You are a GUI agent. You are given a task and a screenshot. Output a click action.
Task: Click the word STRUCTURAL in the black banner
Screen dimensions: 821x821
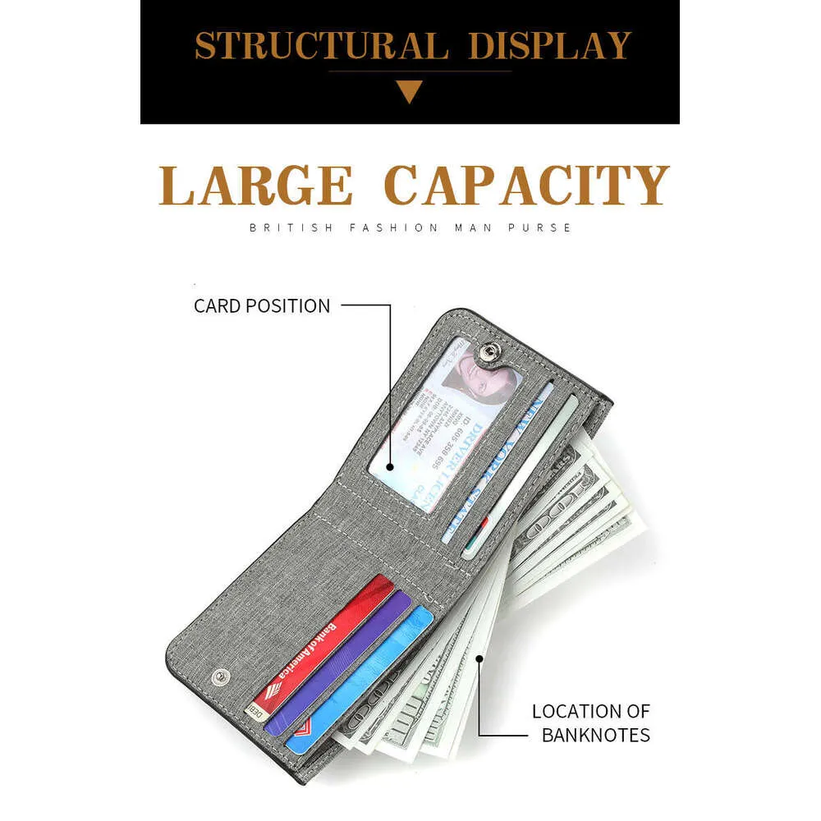pyautogui.click(x=320, y=46)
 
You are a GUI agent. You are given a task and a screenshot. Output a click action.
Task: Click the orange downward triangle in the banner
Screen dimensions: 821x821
pyautogui.click(x=410, y=91)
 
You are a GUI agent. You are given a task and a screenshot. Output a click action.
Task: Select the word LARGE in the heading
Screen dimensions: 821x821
pyautogui.click(x=255, y=186)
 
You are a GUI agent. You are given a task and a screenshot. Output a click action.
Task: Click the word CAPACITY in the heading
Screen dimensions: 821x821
pyautogui.click(x=526, y=186)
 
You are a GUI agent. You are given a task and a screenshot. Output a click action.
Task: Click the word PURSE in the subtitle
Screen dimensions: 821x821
pyautogui.click(x=544, y=227)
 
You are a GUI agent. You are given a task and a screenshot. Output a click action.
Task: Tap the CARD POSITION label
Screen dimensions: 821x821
pyautogui.click(x=262, y=306)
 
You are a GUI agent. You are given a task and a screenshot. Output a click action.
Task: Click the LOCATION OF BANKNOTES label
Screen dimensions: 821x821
pyautogui.click(x=591, y=722)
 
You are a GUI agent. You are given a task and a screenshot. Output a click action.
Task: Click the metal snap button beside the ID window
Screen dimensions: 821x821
pyautogui.click(x=488, y=352)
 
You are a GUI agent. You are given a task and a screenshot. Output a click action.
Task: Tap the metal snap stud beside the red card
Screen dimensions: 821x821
pyautogui.click(x=218, y=676)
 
